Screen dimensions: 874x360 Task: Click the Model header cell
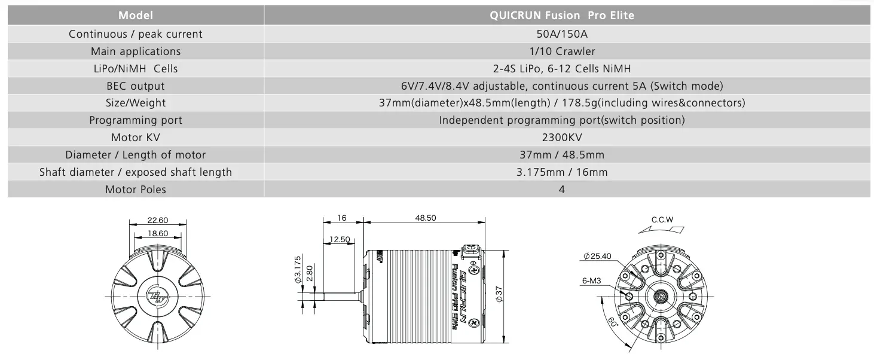point(135,15)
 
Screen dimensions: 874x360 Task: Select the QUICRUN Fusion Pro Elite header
point(562,15)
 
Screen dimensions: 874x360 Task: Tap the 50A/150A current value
point(562,34)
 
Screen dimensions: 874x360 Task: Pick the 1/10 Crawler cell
point(562,51)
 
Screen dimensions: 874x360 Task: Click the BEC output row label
point(135,86)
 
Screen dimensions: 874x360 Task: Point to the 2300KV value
point(562,138)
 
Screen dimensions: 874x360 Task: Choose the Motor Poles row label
point(135,190)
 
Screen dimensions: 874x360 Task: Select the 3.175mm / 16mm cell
point(562,172)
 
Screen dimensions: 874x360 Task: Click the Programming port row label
point(135,120)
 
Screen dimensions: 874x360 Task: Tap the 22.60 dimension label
point(158,220)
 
